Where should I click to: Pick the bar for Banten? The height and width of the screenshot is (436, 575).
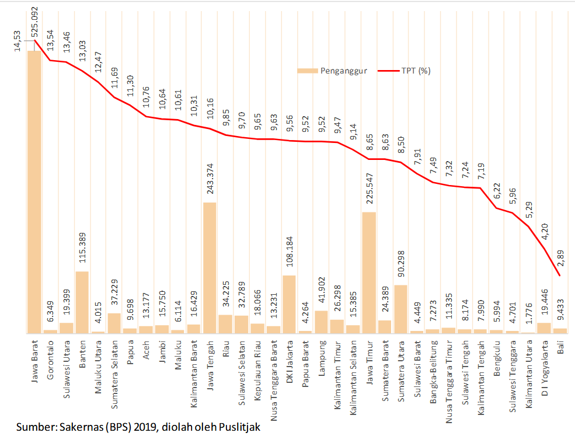click(x=82, y=302)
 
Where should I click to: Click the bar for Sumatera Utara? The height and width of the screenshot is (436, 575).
click(x=400, y=309)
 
